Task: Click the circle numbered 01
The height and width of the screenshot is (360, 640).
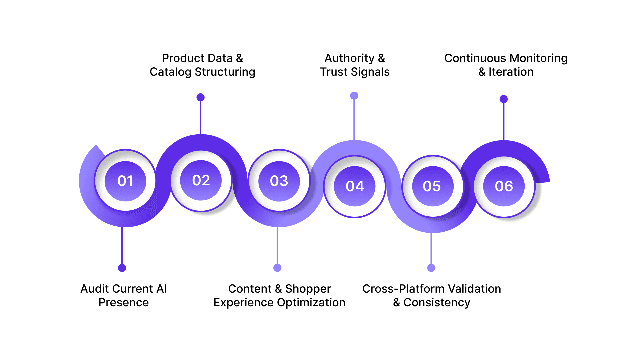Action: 125,181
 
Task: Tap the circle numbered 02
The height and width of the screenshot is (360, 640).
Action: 201,180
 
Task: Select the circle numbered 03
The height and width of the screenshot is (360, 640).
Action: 279,181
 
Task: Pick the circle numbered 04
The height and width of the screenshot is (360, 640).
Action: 355,186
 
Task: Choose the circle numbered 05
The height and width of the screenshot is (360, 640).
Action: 432,186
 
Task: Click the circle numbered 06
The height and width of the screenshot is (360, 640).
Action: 504,186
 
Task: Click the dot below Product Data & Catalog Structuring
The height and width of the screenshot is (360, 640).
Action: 200,97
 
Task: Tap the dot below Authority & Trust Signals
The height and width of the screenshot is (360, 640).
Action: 354,96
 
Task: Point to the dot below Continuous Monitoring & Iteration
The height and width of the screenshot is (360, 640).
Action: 504,99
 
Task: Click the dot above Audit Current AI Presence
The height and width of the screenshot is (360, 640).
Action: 122,268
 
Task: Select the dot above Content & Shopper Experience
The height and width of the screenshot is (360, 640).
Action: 277,268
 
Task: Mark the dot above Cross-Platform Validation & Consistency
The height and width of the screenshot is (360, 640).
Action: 431,268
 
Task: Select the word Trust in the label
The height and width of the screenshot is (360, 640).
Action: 334,72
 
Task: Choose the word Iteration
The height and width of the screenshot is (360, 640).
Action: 511,72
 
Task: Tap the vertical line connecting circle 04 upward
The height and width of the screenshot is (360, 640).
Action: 354,120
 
